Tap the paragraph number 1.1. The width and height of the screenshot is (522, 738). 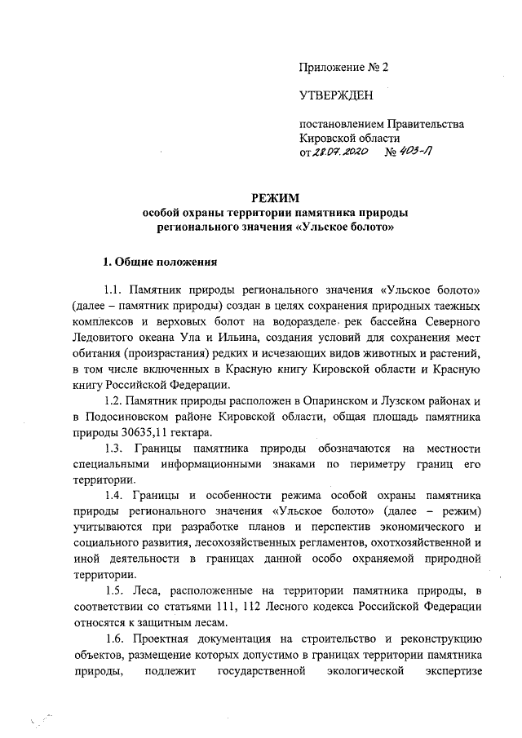click(115, 291)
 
